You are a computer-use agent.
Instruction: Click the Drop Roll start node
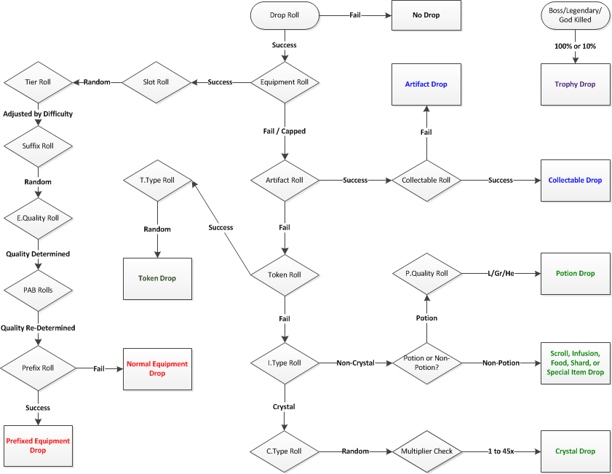(284, 15)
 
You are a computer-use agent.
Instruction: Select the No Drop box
(426, 15)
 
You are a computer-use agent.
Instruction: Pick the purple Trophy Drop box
(576, 84)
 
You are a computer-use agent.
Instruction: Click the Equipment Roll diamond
(285, 82)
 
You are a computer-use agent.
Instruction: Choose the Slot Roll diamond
(156, 82)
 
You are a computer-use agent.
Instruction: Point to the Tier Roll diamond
(38, 82)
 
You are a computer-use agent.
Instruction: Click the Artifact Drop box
(426, 84)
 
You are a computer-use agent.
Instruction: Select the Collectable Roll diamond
(426, 180)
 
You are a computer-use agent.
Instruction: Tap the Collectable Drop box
(576, 180)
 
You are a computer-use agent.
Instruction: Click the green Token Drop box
(157, 278)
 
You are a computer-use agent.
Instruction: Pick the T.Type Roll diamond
(157, 180)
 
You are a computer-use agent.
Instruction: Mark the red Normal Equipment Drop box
(157, 368)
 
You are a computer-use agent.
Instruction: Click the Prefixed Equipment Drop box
(38, 446)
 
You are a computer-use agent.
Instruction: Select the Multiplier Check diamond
(426, 451)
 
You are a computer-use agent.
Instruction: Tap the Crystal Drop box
(576, 451)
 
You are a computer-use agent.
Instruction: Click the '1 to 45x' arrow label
(501, 451)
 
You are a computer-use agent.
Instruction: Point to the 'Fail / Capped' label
(285, 132)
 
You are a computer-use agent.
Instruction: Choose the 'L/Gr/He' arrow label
(501, 274)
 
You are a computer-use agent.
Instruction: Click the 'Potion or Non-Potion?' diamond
(426, 362)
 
